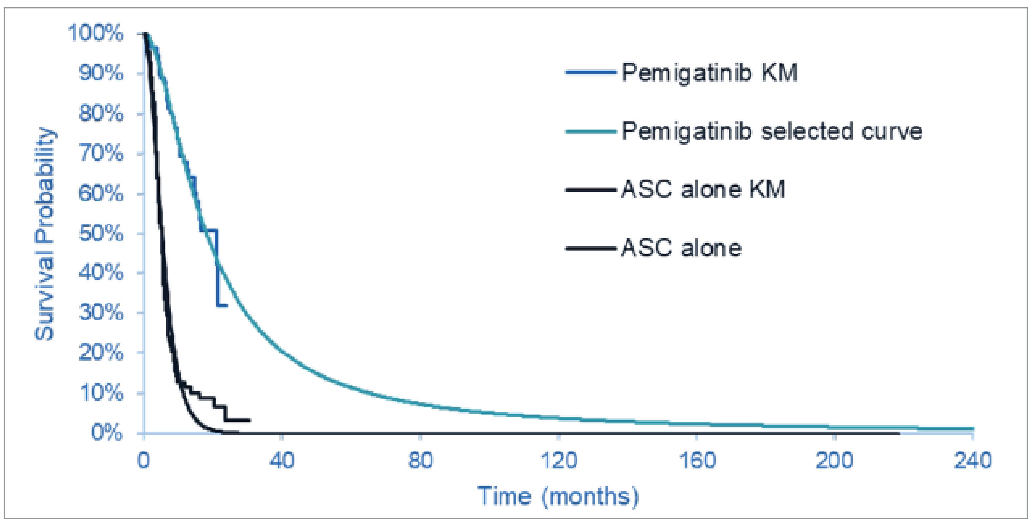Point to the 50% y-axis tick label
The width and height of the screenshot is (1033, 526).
coord(101,233)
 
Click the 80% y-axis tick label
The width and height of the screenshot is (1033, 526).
coord(101,113)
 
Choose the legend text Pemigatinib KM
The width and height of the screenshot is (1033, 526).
coord(709,73)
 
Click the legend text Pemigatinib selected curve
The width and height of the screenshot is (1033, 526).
coord(771,131)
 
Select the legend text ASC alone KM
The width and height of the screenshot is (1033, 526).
coord(703,189)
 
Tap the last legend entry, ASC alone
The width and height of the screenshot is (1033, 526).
coord(681,248)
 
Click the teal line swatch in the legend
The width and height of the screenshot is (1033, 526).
coord(590,131)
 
